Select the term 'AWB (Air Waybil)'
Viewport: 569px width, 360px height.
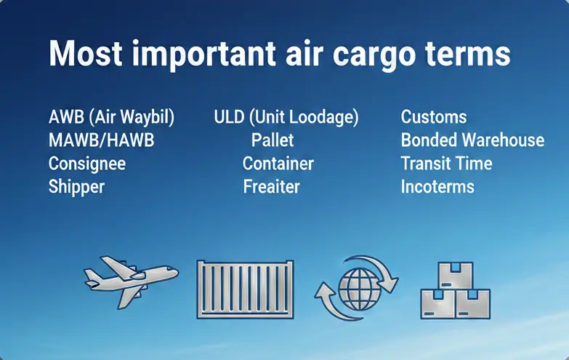tap(111, 117)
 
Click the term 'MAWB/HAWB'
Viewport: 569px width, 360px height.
tap(101, 140)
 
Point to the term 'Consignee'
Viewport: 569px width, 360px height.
tap(86, 164)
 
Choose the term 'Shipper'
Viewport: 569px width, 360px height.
tap(76, 187)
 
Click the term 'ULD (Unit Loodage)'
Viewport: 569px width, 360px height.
tap(286, 117)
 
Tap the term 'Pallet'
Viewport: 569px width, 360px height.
tap(272, 140)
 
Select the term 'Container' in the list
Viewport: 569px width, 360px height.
tap(278, 164)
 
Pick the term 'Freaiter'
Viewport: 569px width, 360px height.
tap(271, 187)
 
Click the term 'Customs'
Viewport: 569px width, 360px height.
tap(433, 117)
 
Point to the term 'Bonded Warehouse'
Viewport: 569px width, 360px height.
tap(472, 140)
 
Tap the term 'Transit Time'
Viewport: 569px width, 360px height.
tap(446, 164)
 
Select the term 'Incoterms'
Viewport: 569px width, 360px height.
tap(437, 187)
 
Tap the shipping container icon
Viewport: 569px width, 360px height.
tap(244, 289)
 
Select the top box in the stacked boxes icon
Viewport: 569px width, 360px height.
tap(456, 275)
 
